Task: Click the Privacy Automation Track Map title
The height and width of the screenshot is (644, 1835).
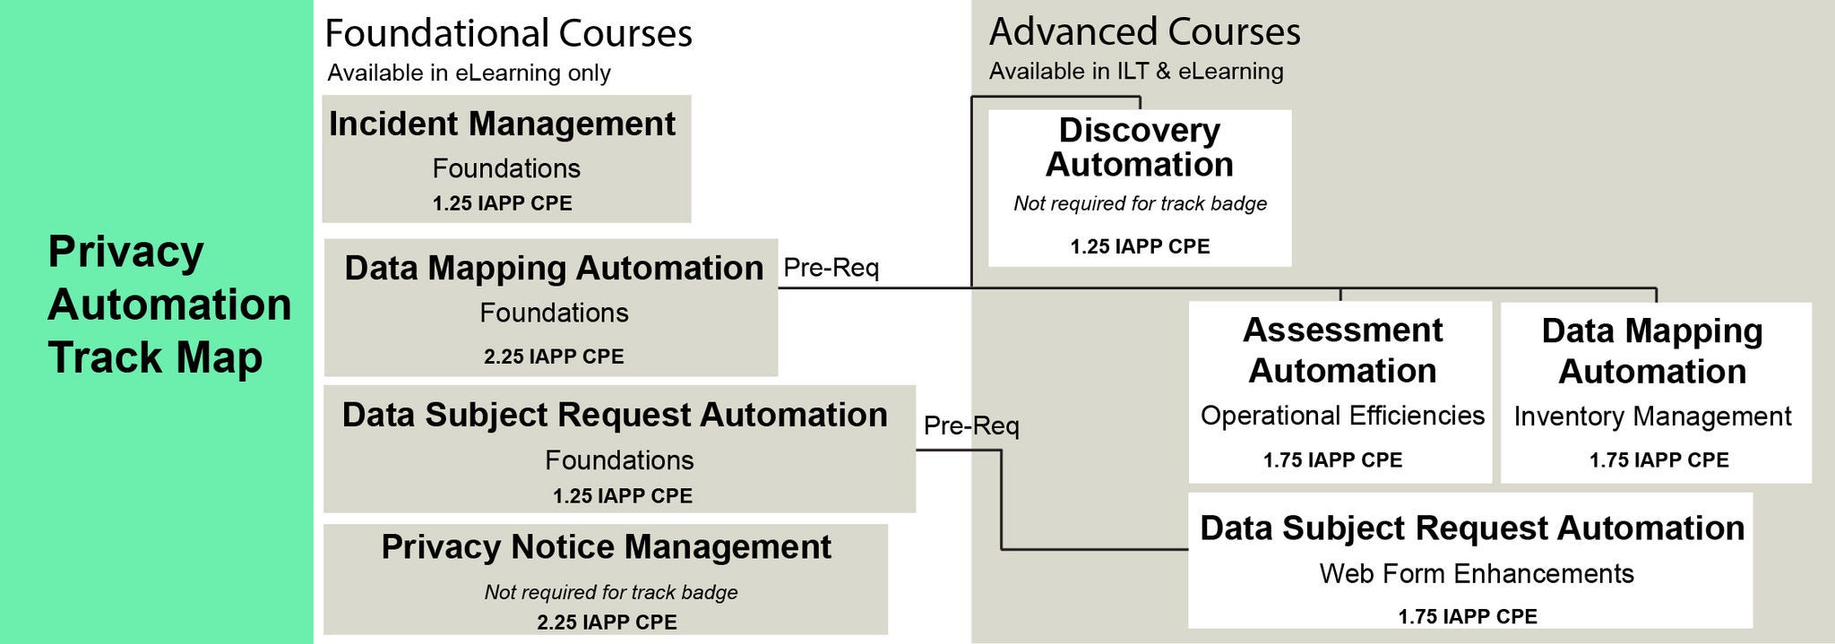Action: (168, 305)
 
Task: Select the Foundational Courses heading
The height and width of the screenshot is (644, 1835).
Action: (508, 34)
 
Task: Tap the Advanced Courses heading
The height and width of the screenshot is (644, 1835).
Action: (1144, 32)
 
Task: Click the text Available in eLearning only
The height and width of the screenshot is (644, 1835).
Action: (469, 73)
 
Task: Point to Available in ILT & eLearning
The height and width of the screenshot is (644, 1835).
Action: (1135, 72)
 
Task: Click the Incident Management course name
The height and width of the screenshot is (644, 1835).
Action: (502, 124)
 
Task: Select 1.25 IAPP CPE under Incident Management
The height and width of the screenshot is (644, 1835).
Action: (502, 203)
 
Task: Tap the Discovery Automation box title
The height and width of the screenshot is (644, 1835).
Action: (1139, 148)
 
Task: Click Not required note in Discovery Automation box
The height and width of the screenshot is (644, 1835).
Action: (1140, 204)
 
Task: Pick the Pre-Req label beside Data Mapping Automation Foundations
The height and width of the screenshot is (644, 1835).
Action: (831, 268)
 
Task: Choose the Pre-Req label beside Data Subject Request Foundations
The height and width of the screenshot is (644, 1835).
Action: (971, 425)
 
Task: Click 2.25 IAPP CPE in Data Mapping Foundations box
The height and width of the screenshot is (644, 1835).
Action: (554, 356)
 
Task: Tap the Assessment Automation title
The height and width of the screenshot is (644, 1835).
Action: (1342, 350)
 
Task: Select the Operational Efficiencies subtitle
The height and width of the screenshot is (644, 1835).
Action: (1342, 416)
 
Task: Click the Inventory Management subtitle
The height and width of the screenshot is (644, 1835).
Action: (1652, 416)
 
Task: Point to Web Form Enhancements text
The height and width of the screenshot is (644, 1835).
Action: (1476, 573)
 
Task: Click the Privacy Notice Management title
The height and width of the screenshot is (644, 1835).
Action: (606, 547)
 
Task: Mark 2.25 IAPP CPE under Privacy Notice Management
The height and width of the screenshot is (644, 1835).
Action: (607, 623)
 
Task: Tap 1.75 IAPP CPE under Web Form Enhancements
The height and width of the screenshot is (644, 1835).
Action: (1467, 616)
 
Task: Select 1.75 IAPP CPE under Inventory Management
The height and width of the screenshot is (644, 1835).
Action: (1658, 460)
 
